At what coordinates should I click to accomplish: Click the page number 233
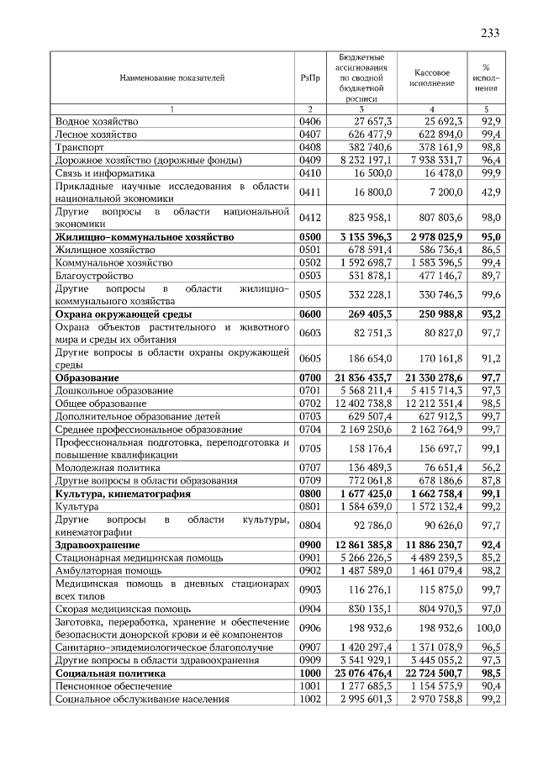[490, 33]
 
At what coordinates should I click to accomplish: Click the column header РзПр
[309, 77]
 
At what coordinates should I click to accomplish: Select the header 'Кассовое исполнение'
[431, 77]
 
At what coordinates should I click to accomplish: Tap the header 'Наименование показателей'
[171, 77]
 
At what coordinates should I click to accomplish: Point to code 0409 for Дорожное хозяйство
[309, 159]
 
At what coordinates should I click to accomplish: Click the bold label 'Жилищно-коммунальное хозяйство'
[144, 237]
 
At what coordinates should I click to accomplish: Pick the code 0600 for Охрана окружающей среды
[309, 314]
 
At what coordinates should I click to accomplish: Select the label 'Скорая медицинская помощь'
[122, 609]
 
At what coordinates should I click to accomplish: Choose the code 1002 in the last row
[309, 699]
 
